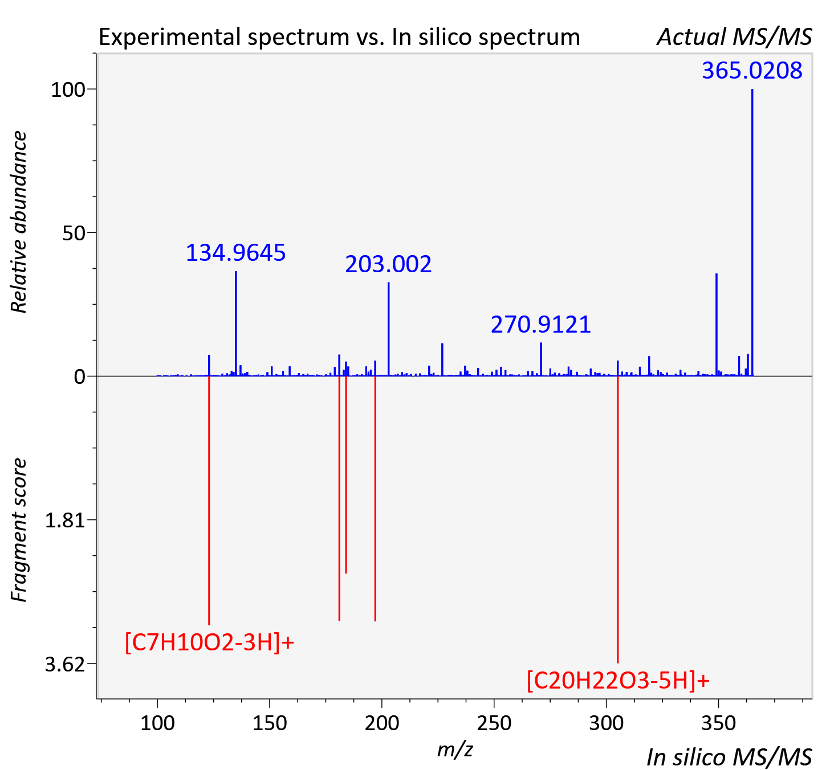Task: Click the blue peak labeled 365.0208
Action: coord(752,232)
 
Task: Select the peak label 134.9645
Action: coord(235,253)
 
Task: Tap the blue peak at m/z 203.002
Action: coord(389,329)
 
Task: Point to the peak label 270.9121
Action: coord(541,325)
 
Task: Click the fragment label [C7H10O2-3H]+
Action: coord(209,642)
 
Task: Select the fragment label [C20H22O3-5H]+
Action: coord(618,681)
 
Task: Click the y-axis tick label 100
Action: coord(68,90)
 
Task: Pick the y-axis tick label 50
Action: coord(74,234)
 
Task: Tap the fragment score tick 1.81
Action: coord(65,521)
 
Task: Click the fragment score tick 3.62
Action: coord(65,664)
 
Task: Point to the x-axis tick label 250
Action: coord(494,723)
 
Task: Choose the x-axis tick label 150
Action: coord(270,723)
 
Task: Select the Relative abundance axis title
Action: coord(19,222)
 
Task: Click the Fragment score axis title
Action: coord(19,530)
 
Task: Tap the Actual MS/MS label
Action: coord(735,37)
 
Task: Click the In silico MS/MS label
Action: coord(729,757)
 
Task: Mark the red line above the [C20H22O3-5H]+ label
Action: coord(618,519)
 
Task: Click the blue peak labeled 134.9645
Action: coord(235,323)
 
